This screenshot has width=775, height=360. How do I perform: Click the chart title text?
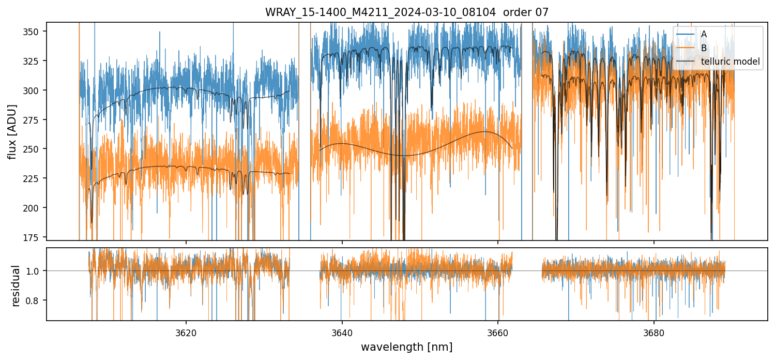pos(407,12)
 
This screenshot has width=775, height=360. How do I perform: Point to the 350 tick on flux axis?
pos(35,32)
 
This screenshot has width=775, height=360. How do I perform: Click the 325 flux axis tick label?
pos(35,61)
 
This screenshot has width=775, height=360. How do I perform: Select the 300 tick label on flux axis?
pos(35,91)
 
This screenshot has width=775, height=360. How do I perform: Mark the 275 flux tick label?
pos(35,119)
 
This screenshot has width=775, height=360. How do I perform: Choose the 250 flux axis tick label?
pos(35,149)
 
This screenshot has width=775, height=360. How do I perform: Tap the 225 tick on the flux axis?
pos(35,178)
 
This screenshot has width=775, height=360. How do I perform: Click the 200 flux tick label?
pos(35,207)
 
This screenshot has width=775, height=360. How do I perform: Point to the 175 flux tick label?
pos(35,237)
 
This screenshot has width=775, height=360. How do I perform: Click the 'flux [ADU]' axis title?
pos(12,131)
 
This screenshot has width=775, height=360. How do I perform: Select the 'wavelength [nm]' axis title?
pos(407,347)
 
